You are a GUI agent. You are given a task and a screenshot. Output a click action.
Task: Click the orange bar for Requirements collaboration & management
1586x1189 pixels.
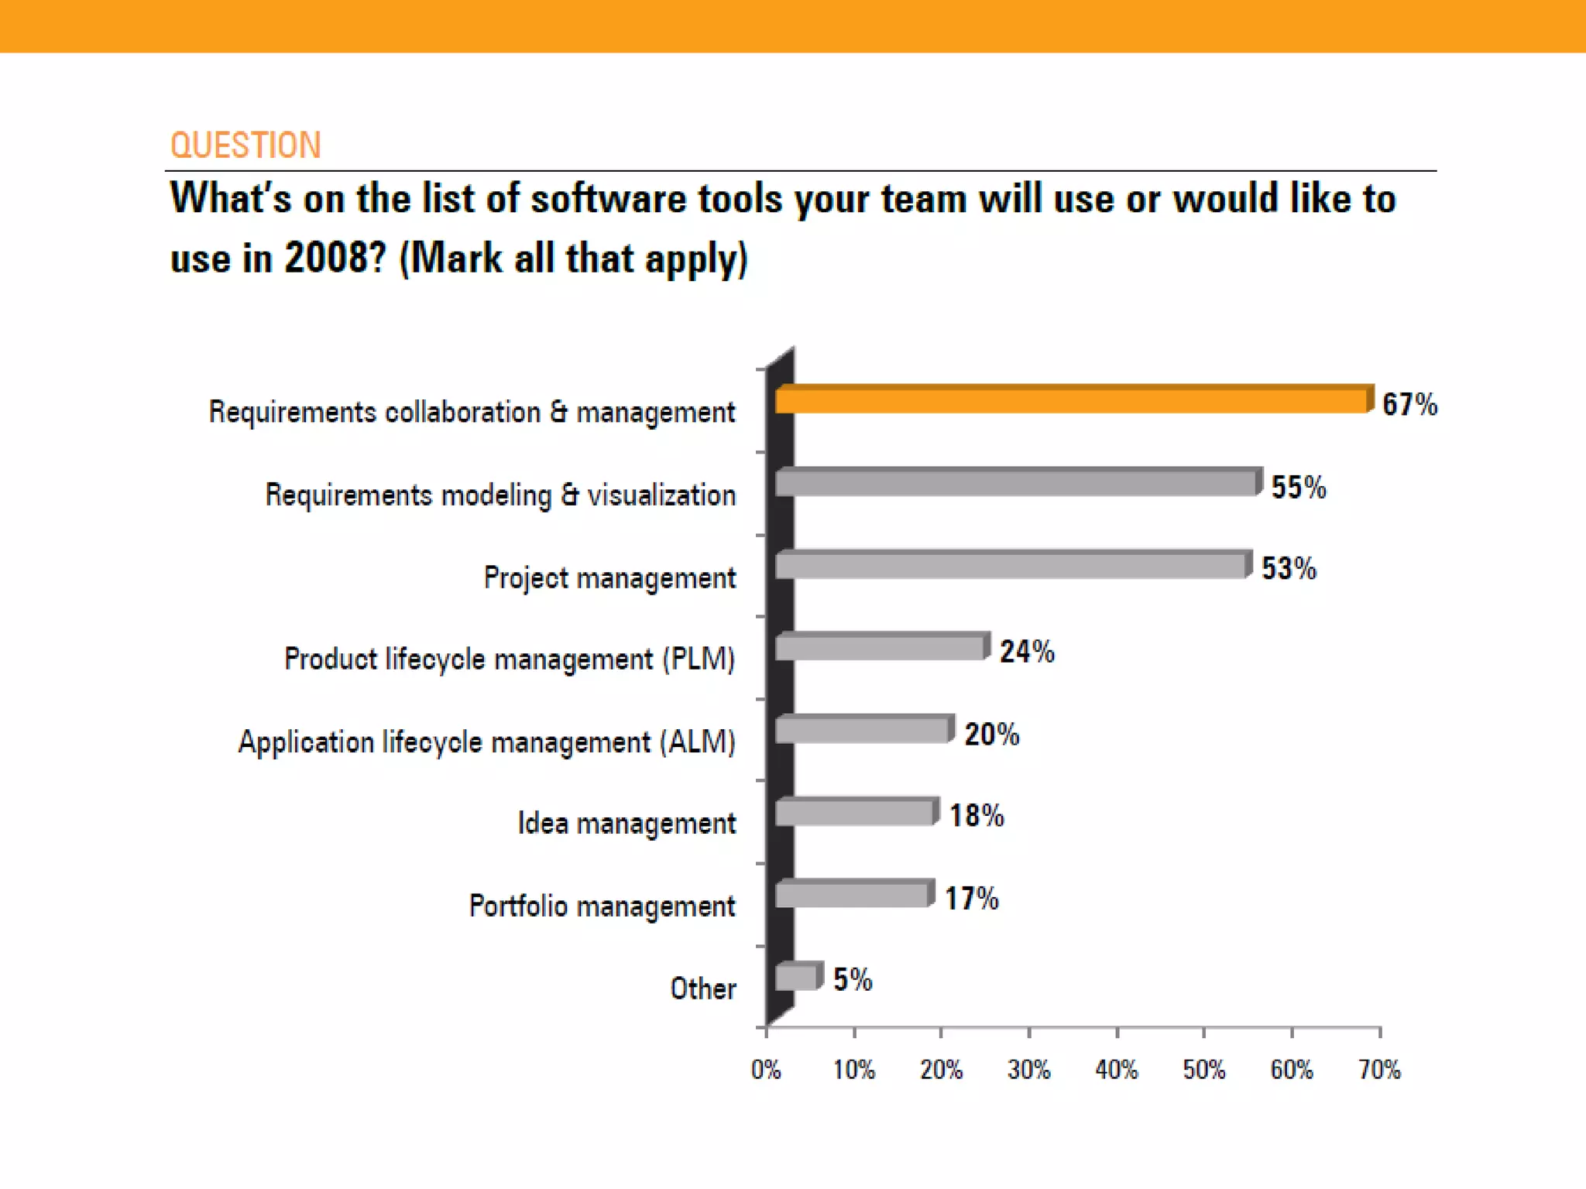[1073, 400]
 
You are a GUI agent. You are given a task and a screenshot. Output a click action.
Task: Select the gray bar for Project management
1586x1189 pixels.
[1011, 566]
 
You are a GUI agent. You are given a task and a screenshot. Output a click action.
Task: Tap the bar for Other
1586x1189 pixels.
[798, 978]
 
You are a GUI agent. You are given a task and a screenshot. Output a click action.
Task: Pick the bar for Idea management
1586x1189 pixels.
[856, 813]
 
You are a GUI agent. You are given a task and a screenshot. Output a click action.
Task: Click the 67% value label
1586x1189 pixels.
[1409, 405]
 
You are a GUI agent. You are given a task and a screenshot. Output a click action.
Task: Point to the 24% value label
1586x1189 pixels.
[1026, 652]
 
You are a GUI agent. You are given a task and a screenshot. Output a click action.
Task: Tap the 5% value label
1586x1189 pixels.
[852, 980]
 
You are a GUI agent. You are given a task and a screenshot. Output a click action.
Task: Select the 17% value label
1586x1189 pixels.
[971, 899]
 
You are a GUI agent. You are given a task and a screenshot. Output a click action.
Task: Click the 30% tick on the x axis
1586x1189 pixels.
[1028, 1070]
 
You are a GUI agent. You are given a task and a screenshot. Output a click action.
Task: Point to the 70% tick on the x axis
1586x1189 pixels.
[1379, 1070]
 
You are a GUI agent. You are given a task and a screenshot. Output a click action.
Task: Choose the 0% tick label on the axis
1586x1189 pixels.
[766, 1070]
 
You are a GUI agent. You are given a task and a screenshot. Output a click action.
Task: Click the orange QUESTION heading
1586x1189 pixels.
[245, 146]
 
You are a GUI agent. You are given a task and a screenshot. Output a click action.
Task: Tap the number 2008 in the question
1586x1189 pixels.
[335, 258]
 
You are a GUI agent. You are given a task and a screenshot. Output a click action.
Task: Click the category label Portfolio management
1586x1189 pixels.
[602, 906]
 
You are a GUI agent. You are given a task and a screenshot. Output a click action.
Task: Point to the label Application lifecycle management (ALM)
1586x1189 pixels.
[486, 742]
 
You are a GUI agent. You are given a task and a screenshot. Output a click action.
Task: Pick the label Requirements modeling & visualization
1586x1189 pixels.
[500, 495]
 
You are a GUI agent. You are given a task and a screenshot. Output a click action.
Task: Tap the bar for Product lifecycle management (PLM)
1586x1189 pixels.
[881, 647]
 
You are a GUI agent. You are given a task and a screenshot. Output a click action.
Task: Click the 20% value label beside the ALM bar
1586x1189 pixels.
[991, 734]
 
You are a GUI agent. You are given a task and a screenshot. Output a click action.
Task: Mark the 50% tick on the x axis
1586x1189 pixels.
[1203, 1070]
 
